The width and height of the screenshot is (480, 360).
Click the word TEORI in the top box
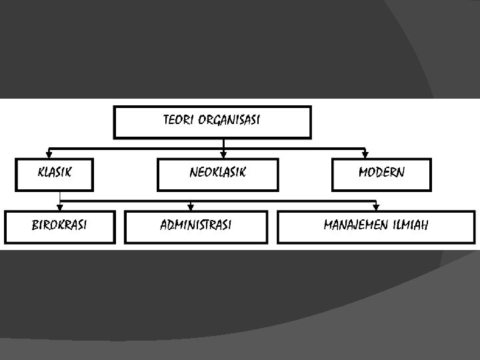(178, 120)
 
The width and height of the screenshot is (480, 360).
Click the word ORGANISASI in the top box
(229, 120)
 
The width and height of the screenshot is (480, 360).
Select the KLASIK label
(55, 173)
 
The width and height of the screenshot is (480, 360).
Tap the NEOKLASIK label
(217, 173)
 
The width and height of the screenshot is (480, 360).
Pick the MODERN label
(381, 173)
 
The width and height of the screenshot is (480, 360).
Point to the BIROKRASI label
(59, 225)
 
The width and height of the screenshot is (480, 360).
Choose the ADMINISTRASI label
(196, 225)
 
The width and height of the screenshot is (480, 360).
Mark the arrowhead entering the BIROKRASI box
(60, 207)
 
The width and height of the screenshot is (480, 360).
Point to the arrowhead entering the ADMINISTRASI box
(191, 207)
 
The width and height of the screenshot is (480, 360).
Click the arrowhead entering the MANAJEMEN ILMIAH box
(376, 207)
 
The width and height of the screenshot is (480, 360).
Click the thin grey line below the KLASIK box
(60, 195)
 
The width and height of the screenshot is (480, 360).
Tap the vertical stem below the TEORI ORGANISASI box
(223, 143)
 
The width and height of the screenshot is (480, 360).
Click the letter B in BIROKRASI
(35, 225)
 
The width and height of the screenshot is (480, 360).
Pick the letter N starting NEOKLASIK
(193, 173)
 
